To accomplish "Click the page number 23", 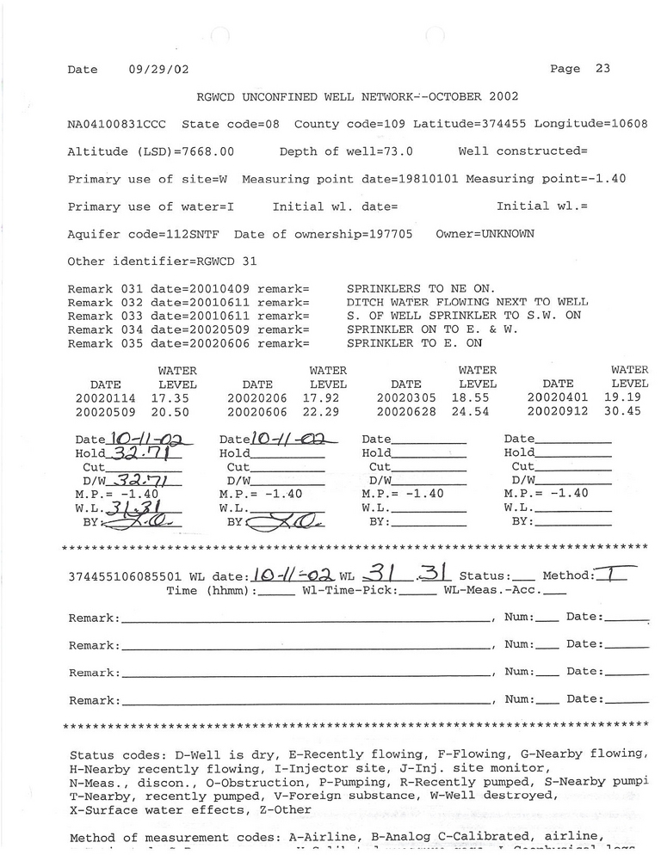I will (602, 69).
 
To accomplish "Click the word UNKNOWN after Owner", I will (507, 234).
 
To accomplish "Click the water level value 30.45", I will (630, 412).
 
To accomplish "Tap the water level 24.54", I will (479, 412).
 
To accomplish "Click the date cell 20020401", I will (556, 398).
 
